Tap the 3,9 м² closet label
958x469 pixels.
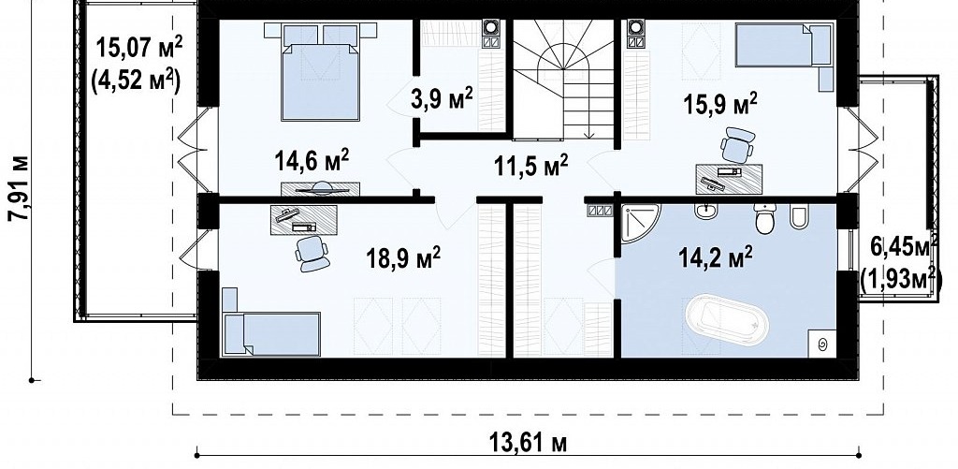[x=442, y=98]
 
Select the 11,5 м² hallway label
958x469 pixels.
[x=531, y=165]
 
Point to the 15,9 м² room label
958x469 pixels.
[x=719, y=104]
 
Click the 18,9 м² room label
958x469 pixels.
[x=403, y=258]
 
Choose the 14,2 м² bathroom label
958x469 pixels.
[x=716, y=256]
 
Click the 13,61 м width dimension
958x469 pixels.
[x=528, y=442]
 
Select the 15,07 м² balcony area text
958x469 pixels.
[x=139, y=48]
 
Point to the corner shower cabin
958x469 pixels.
[x=640, y=223]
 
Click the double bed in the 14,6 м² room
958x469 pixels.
[x=320, y=71]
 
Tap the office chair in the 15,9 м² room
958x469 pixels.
[x=737, y=145]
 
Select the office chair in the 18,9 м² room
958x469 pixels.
[x=312, y=253]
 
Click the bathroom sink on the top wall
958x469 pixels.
[x=708, y=212]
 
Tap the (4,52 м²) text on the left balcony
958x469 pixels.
[x=136, y=81]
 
